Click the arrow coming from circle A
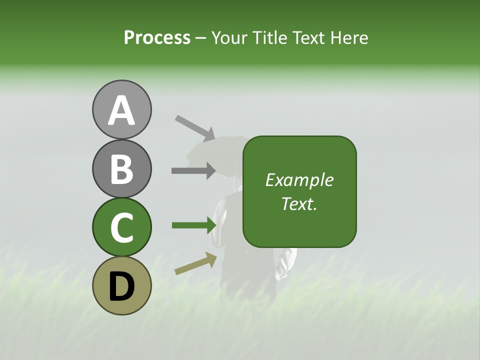point(195,128)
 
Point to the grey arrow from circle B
point(193,171)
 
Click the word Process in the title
point(157,38)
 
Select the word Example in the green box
point(299,180)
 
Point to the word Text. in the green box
point(299,203)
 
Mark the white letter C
point(121,228)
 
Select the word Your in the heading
point(228,38)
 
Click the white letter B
point(121,169)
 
